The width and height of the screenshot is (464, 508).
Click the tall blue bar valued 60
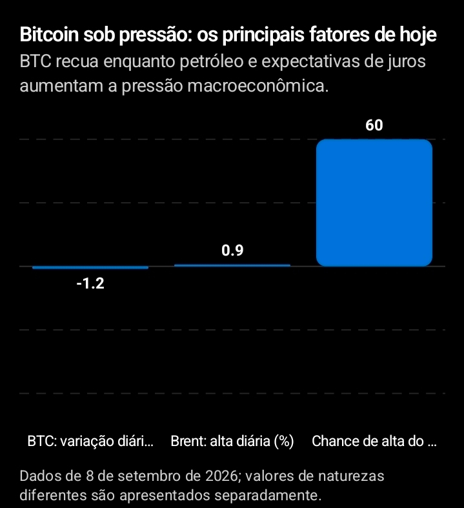[x=374, y=203]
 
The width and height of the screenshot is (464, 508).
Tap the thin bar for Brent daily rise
[x=232, y=265]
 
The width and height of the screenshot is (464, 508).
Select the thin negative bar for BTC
[x=90, y=268]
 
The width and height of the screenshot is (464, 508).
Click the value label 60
[x=374, y=125]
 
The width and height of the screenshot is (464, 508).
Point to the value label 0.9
[x=232, y=250]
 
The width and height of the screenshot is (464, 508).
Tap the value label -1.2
[x=90, y=284]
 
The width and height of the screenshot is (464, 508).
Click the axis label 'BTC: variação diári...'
[x=90, y=442]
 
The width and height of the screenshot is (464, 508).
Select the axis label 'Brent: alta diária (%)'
[x=232, y=442]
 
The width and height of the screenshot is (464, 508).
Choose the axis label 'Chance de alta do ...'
[x=374, y=442]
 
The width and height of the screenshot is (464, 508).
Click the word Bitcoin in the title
[x=49, y=34]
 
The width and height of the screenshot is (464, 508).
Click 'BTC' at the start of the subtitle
[x=35, y=61]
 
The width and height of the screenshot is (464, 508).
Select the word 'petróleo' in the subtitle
[x=212, y=62]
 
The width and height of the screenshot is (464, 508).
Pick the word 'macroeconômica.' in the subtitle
[x=257, y=86]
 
